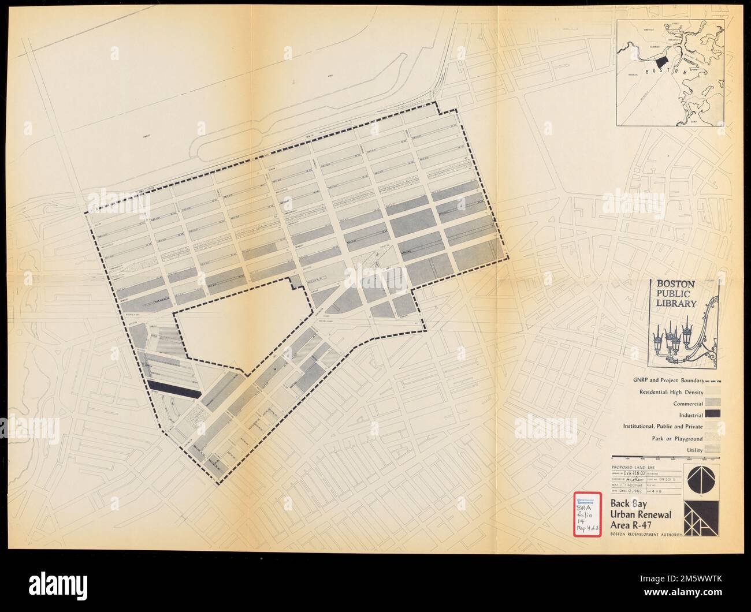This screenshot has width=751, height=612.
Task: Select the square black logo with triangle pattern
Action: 701,517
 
